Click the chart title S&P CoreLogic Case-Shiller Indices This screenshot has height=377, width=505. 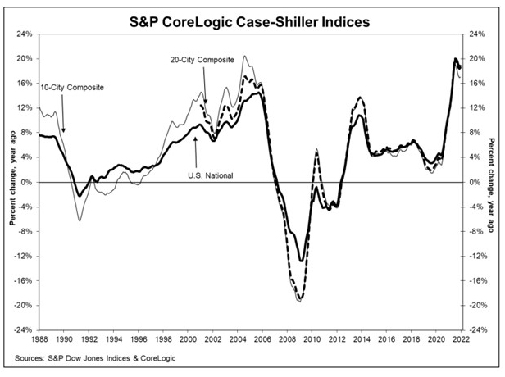(252, 17)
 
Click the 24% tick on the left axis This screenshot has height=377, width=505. (25, 34)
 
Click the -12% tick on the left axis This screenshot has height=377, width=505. (24, 256)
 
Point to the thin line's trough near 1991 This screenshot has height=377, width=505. (79, 220)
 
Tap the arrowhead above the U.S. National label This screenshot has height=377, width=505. (195, 139)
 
